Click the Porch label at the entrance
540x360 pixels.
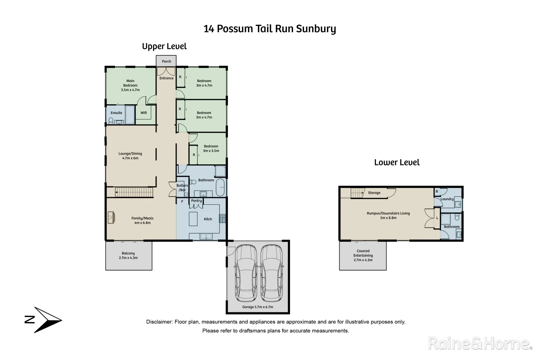pos(166,61)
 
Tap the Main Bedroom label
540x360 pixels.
pos(130,85)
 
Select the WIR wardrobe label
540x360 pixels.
pos(144,113)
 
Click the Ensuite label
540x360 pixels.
pos(116,113)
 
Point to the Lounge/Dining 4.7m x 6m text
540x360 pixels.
pos(130,156)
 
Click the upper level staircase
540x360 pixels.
pos(134,192)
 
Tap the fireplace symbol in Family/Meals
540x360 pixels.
pos(111,218)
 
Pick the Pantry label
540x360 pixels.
pos(196,201)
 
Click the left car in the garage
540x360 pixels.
pos(246,273)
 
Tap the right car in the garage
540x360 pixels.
pos(271,273)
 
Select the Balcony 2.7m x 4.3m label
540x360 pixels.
pos(128,256)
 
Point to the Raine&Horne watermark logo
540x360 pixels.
pos(480,343)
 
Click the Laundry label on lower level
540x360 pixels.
pos(447,199)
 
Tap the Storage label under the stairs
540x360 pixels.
pos(374,193)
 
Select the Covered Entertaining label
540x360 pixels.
pos(363,255)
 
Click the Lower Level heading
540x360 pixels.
pos(397,163)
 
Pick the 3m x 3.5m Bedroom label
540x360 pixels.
pos(211,148)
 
